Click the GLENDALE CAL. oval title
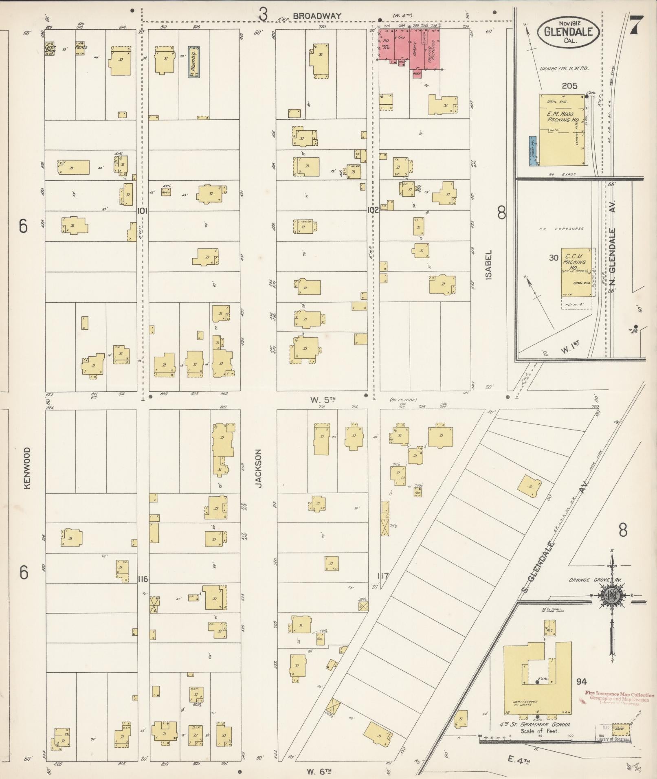click(x=568, y=31)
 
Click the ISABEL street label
click(x=488, y=264)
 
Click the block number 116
click(x=143, y=579)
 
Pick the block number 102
click(x=372, y=210)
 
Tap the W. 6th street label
click(x=317, y=771)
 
